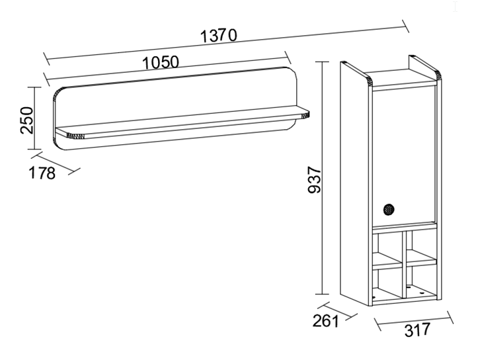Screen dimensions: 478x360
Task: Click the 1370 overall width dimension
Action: pos(218,35)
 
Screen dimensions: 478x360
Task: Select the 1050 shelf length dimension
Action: pos(161,63)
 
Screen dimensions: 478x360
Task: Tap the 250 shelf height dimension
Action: pos(27,120)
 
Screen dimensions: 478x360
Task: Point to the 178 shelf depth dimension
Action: pos(42,173)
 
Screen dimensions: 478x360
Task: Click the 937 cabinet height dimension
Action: pos(315,180)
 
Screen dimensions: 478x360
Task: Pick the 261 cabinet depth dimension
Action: pos(325,321)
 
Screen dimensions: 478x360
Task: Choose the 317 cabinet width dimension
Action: pos(417,330)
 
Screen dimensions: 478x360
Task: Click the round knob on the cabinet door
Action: pos(389,210)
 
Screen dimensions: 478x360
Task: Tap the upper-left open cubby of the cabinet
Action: pos(387,247)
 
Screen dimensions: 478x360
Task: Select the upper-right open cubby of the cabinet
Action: pos(421,245)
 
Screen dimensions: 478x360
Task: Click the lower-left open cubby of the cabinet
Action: pos(387,283)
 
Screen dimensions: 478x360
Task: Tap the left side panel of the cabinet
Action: pos(355,184)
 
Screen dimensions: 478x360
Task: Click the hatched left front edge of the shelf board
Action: pos(75,137)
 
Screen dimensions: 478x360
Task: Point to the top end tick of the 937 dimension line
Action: pos(322,62)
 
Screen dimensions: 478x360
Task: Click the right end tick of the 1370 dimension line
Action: pos(405,26)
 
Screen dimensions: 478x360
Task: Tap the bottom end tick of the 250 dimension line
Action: pos(34,149)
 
